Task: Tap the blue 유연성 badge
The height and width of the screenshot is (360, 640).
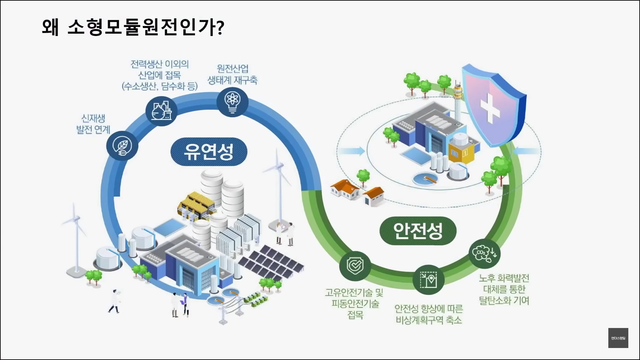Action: point(209,152)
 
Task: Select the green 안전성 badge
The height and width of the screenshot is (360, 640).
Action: point(418,231)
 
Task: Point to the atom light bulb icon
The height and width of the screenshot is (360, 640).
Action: point(232,101)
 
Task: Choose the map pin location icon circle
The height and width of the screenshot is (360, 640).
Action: point(428,279)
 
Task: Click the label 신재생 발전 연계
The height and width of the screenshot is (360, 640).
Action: point(93,124)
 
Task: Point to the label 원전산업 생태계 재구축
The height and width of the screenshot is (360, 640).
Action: point(233,74)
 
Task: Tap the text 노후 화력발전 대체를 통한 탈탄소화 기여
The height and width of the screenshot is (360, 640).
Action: point(504,289)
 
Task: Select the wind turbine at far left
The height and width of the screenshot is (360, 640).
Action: point(75,233)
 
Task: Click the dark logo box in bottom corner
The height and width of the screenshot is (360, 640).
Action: point(618,338)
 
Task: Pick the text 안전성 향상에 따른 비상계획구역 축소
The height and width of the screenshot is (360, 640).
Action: point(429,314)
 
